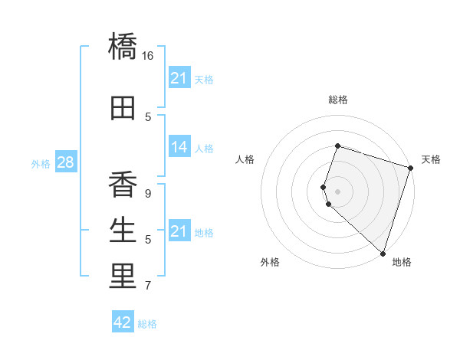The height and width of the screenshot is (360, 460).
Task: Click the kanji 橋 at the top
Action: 123,46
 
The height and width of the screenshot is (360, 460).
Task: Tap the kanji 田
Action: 123,107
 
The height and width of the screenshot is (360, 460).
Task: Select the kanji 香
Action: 123,185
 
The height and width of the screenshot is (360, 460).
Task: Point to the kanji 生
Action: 123,230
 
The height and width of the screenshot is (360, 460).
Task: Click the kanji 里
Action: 123,276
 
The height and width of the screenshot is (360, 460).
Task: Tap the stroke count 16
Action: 148,56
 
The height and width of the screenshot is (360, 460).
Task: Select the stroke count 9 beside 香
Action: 148,194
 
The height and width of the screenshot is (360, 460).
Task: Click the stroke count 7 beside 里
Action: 148,286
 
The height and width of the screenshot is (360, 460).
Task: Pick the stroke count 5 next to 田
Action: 148,117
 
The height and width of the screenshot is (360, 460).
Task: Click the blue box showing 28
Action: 65,163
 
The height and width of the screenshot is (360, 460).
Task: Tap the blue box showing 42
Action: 123,322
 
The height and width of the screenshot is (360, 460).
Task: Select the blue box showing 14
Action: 179,147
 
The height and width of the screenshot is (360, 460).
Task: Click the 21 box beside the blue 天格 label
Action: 179,78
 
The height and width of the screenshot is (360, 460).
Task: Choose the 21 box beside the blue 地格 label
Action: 179,231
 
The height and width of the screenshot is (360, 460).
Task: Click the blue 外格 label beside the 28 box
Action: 41,164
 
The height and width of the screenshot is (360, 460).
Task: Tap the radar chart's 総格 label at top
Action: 338,100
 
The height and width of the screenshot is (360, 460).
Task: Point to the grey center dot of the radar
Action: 338,191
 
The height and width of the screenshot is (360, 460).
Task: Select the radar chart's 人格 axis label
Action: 245,159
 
